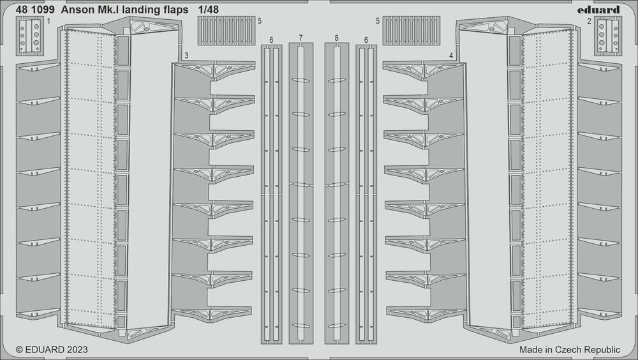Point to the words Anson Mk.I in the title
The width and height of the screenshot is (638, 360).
(x=93, y=10)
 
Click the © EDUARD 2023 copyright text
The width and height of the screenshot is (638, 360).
(x=52, y=350)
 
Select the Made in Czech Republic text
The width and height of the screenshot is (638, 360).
(x=569, y=350)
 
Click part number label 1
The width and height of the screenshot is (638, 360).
(x=48, y=22)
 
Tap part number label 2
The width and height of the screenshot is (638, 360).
(x=589, y=22)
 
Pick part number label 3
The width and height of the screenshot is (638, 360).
(x=186, y=56)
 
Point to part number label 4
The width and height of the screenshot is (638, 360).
(x=451, y=56)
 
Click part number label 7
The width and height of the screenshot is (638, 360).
(x=300, y=39)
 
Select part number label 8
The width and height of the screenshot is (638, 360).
(x=336, y=39)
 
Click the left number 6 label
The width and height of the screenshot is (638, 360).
(x=271, y=40)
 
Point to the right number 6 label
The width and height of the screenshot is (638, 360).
(x=366, y=40)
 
